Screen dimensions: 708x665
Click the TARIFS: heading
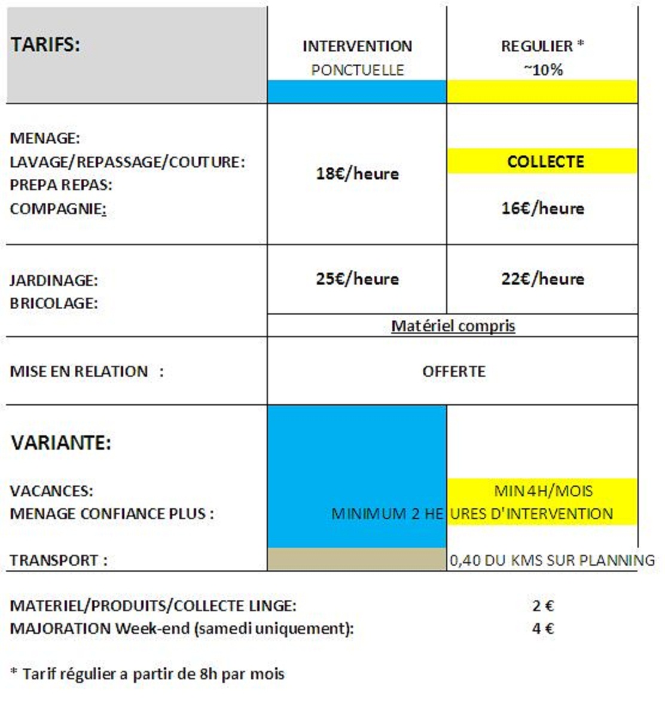[45, 45]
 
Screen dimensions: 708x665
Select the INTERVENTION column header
[357, 47]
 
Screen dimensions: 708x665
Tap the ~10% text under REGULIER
[542, 70]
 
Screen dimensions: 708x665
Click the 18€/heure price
[357, 173]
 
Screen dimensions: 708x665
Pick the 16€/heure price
[542, 208]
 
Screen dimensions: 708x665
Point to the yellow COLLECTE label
[545, 161]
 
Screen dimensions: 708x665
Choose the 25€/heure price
[357, 279]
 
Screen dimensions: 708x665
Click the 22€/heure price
[542, 279]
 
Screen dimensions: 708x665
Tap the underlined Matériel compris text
[453, 326]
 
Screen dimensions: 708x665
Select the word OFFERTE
[453, 371]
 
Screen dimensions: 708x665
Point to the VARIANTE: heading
[61, 443]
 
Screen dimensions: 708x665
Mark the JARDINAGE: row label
[53, 280]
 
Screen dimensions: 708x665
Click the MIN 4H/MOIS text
[543, 491]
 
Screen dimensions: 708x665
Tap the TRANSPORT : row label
[58, 561]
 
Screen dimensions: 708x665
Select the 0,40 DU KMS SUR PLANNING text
[551, 561]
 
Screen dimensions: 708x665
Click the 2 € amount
[542, 606]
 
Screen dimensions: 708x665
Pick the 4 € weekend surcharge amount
[542, 628]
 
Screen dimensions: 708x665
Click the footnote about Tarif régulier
[147, 674]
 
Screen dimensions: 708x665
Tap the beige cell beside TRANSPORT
[356, 560]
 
